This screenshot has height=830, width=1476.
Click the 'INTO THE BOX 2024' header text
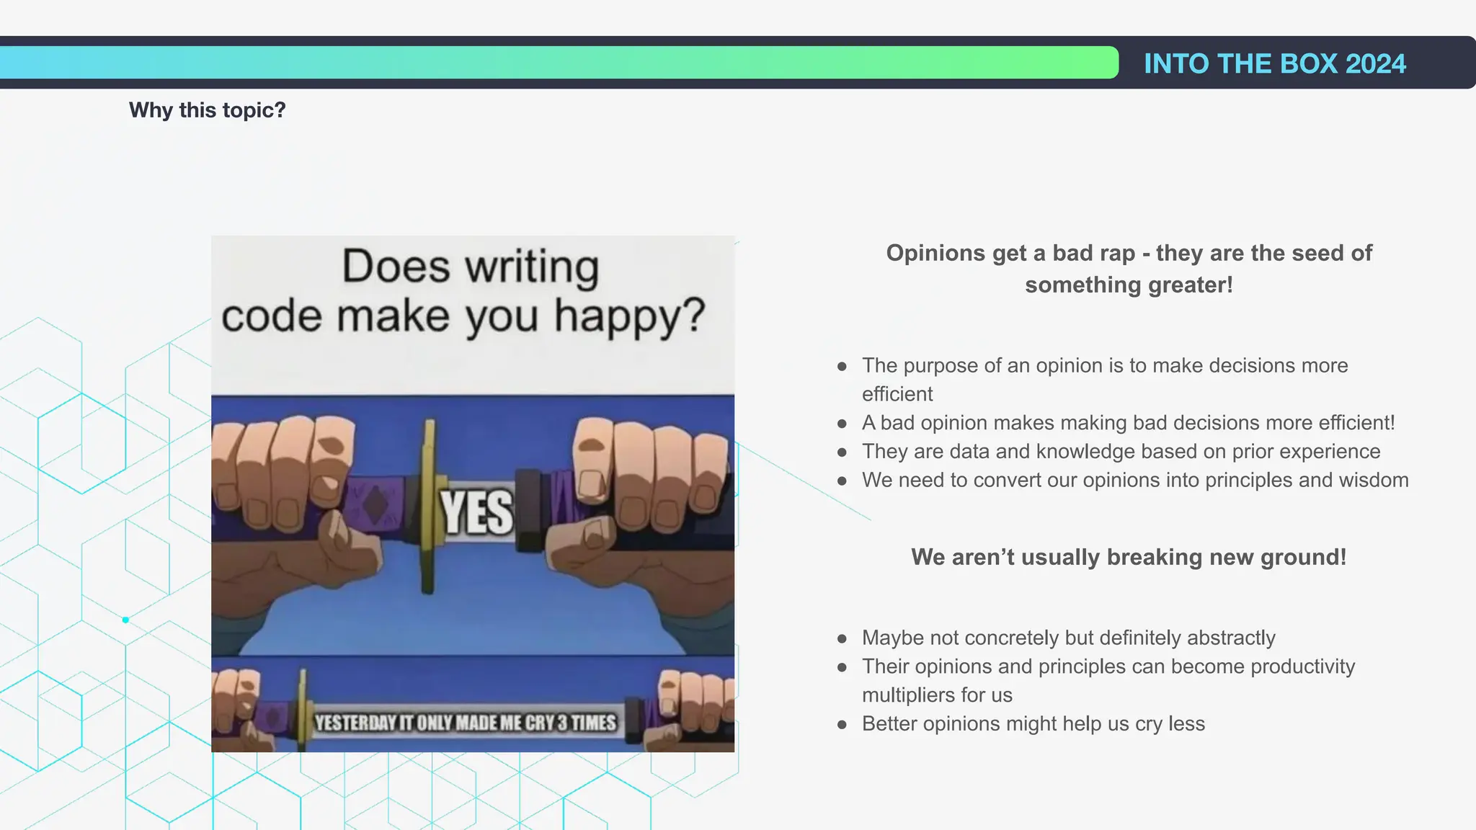click(1274, 63)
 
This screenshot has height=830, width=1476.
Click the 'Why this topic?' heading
click(207, 110)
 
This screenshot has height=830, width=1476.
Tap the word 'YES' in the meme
click(477, 513)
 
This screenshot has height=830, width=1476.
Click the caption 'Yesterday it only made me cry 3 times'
click(466, 723)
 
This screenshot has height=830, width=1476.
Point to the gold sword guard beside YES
click(428, 508)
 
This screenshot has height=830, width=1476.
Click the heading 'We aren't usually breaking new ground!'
click(1128, 557)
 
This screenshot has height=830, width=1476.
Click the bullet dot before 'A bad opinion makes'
click(842, 424)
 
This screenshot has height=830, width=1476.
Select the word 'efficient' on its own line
click(897, 394)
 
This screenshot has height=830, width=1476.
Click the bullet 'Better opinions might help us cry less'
click(1033, 723)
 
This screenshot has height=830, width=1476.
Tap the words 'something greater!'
click(1129, 285)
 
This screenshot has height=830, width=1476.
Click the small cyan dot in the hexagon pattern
click(125, 620)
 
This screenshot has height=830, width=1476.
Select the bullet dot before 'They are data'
click(842, 452)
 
